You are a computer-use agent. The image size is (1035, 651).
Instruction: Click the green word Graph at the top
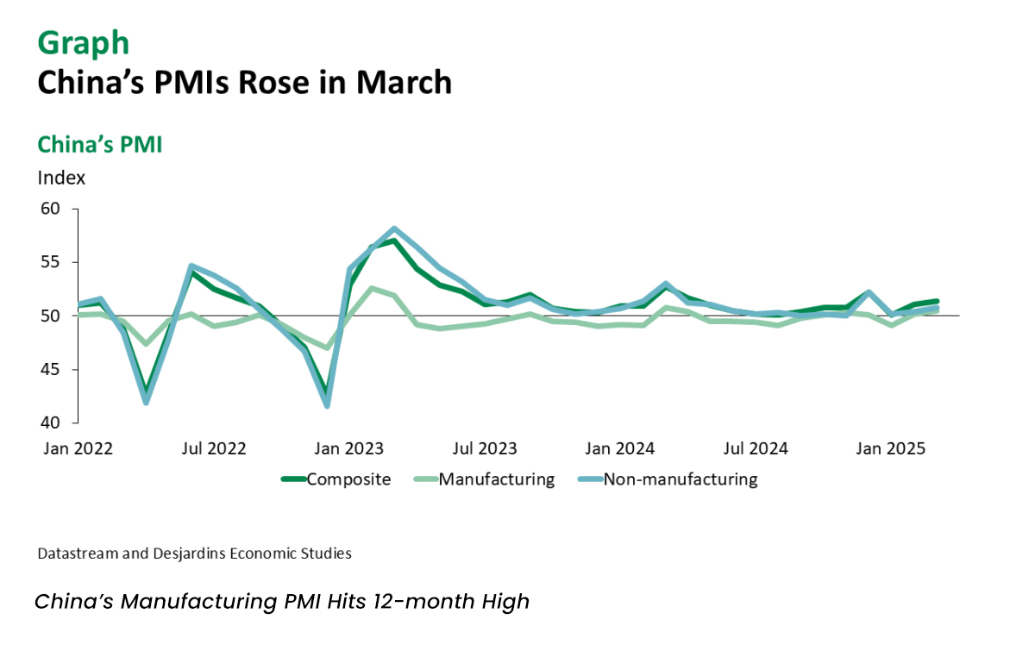click(83, 42)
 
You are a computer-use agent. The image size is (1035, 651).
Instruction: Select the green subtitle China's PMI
click(99, 145)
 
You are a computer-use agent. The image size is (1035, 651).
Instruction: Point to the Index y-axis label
click(61, 178)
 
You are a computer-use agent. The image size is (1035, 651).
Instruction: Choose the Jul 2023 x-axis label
click(485, 448)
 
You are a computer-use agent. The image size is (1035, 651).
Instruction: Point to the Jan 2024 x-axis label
click(619, 448)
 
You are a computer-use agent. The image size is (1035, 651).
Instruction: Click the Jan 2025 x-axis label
click(891, 448)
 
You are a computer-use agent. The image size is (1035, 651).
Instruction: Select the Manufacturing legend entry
click(496, 479)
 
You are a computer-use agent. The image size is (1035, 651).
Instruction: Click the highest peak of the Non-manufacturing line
click(394, 229)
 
